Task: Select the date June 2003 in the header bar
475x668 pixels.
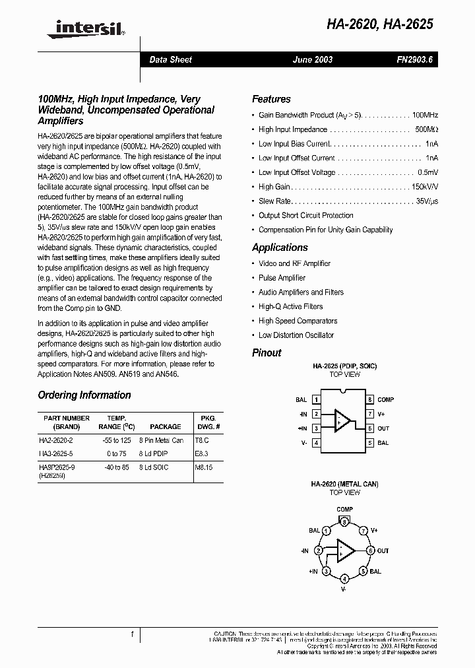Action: pos(313,59)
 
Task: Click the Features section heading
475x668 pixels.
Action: pos(271,99)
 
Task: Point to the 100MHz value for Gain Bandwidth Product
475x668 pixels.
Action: pos(421,115)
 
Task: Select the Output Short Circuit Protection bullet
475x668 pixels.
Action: pos(305,215)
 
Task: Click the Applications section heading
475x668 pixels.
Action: pos(280,248)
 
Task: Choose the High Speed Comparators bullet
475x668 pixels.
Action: pos(298,321)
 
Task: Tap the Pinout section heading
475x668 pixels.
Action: pos(267,352)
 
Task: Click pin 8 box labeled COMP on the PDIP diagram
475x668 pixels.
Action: pos(371,400)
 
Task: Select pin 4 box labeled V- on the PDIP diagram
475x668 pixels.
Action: pos(317,443)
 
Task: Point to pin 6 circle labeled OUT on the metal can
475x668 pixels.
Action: pos(371,551)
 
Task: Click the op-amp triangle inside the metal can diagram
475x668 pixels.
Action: pos(344,550)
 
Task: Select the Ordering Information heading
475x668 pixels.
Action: pos(84,395)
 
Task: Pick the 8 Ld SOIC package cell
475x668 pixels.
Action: pos(154,467)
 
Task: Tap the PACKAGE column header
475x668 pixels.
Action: pos(165,427)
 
